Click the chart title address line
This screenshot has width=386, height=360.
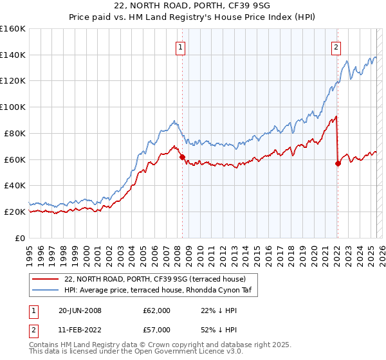pyautogui.click(x=193, y=6)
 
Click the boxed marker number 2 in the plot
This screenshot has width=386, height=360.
pyautogui.click(x=336, y=46)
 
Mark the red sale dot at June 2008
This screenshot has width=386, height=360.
pyautogui.click(x=182, y=156)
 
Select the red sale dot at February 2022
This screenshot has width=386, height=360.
pyautogui.click(x=338, y=163)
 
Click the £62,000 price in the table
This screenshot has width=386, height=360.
pyautogui.click(x=157, y=310)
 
